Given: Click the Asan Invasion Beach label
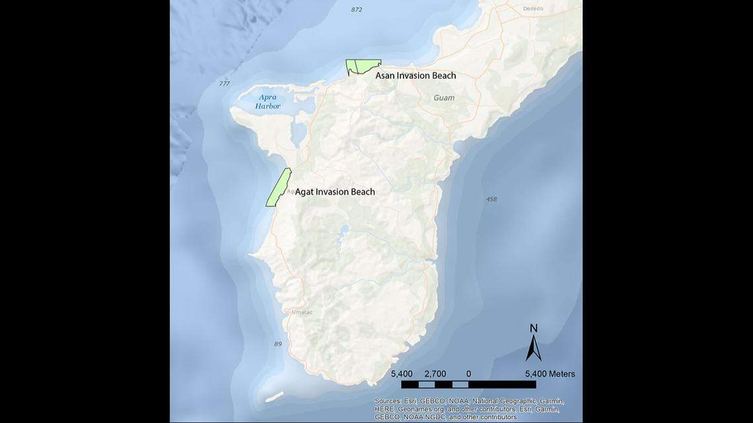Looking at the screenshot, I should point(415,76).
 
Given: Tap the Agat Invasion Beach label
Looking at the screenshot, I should point(334,192).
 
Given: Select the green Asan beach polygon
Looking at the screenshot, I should point(362,66).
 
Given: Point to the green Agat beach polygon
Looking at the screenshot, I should point(279,187).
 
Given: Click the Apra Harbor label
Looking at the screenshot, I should point(268,102).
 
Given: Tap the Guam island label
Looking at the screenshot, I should point(444,98).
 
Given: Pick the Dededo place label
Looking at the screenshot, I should point(532,9).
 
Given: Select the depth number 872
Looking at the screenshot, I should point(357,10).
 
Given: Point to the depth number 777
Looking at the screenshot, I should point(224,84).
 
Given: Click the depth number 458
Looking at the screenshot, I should point(491,199).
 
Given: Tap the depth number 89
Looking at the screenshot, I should point(277,344).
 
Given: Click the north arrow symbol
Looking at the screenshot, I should point(534,348).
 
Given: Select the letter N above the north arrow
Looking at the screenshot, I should point(534,329).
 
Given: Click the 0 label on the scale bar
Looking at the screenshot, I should point(468,374).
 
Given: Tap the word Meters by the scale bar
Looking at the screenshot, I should point(559,374).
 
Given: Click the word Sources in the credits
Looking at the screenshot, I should point(388,401).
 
